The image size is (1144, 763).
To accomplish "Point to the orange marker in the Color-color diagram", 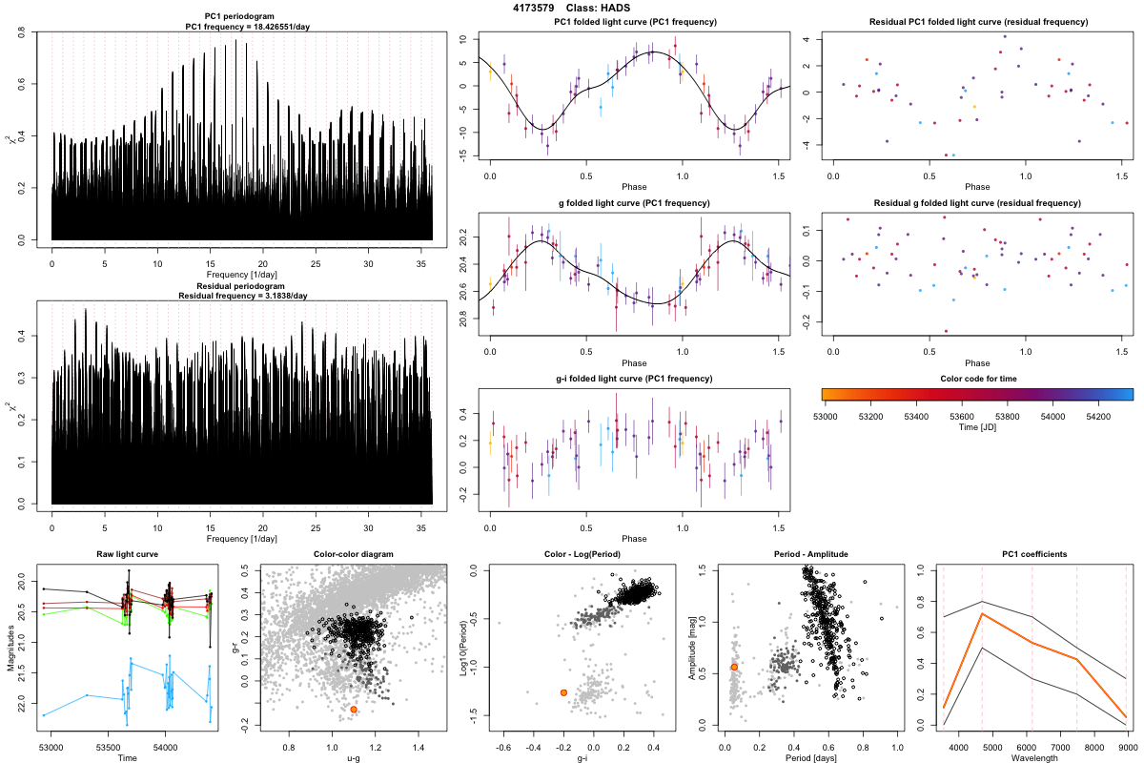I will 354,710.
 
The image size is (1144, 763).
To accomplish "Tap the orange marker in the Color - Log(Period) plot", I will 563,691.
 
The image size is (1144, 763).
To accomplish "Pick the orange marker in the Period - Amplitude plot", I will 734,667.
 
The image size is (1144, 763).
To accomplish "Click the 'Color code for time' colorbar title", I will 977,379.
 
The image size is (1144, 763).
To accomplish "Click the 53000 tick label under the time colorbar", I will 825,417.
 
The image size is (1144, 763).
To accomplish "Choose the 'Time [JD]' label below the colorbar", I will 977,428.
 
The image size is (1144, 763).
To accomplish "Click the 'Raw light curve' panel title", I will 127,554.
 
